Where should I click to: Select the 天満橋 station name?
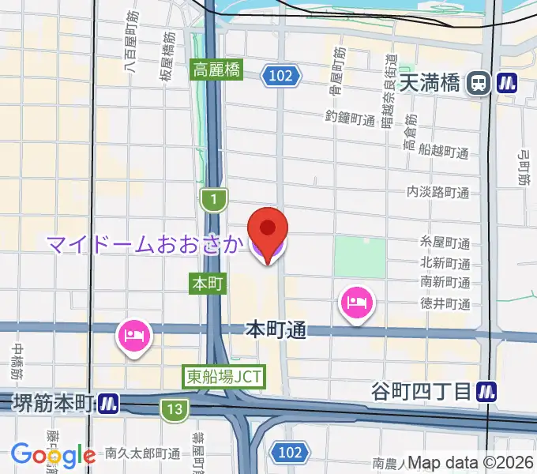click(x=430, y=83)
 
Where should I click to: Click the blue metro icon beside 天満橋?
click(x=505, y=82)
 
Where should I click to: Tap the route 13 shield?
click(x=172, y=408)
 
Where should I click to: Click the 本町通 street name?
click(x=276, y=329)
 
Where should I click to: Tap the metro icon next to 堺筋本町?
click(x=109, y=404)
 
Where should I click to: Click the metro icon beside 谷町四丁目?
click(x=490, y=390)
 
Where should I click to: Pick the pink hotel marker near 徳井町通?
click(x=355, y=302)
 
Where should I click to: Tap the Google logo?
click(x=53, y=454)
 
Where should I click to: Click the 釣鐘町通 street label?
click(x=350, y=118)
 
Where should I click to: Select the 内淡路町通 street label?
click(x=437, y=192)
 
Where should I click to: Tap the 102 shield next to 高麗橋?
click(x=284, y=76)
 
